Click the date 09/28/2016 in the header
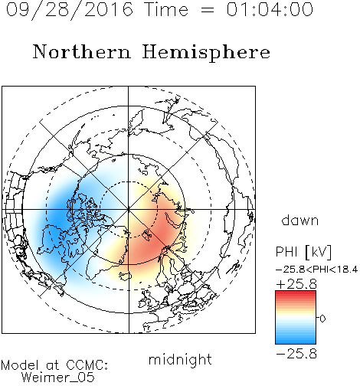pos(70,10)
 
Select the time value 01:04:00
pos(270,9)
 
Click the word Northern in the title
pos(82,51)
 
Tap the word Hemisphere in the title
pos(206,53)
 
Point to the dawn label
pos(300,220)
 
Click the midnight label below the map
pos(180,359)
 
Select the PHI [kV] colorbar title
pos(303,252)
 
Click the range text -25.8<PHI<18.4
pos(316,270)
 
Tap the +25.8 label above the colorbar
pos(296,284)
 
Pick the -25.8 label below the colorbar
pos(296,354)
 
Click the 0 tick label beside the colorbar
pos(322,319)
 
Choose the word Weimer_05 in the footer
pos(58,377)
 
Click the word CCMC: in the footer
pos(87,365)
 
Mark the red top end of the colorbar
pos(296,293)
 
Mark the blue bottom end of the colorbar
pos(296,342)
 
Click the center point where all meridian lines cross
pos(129,209)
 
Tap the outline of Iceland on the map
pos(125,276)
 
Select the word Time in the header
pos(166,9)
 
